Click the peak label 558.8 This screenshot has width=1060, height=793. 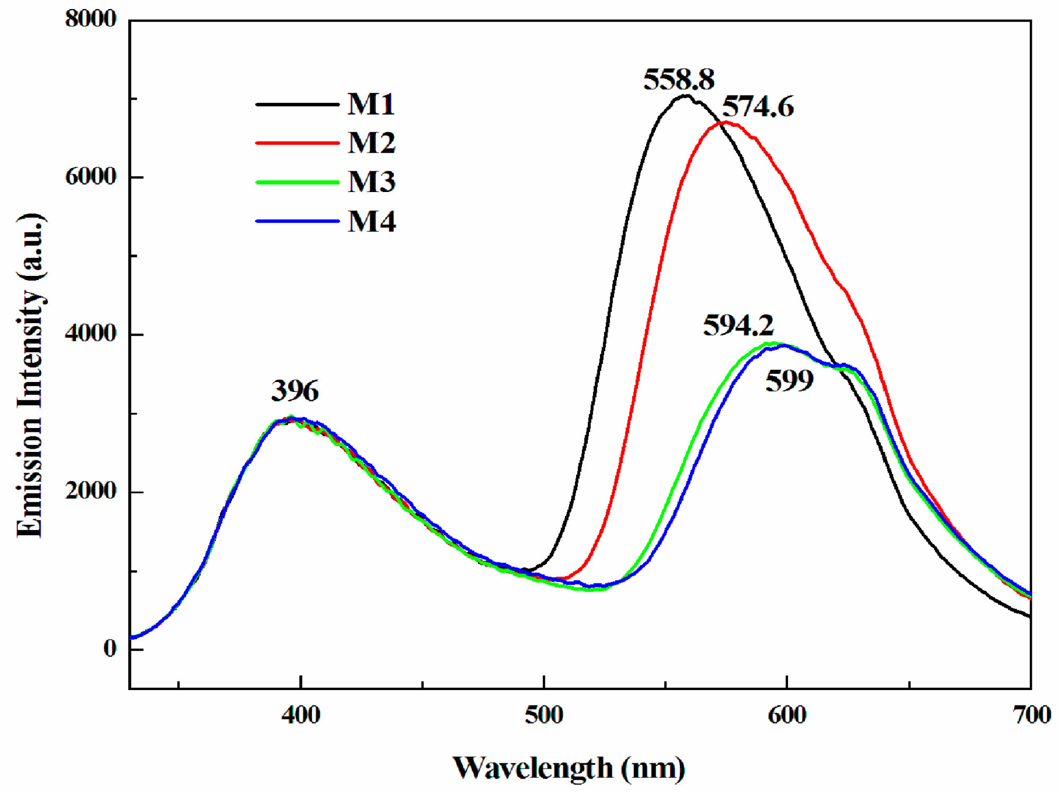coord(679,80)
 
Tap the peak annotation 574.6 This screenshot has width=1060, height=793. coord(758,107)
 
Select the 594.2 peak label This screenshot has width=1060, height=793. coord(738,325)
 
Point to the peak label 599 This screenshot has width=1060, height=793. coord(789,381)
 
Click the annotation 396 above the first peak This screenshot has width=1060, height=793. coord(295,391)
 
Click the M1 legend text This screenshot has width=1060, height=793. coord(371,104)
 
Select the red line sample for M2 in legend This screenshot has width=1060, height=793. coord(297,143)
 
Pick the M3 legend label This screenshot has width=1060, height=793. coord(371,182)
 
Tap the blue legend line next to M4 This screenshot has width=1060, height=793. coord(297,221)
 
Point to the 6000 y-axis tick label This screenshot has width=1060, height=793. coord(90,177)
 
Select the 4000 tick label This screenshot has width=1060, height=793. coord(90,334)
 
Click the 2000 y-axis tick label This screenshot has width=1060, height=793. coord(90,491)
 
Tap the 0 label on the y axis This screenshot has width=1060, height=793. coord(110,648)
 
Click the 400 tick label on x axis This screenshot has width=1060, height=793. coord(301,716)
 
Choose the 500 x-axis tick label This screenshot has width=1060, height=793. coord(544,716)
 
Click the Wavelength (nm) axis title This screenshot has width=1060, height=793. coord(569,769)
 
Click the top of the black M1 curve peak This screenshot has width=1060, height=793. coord(685,96)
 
